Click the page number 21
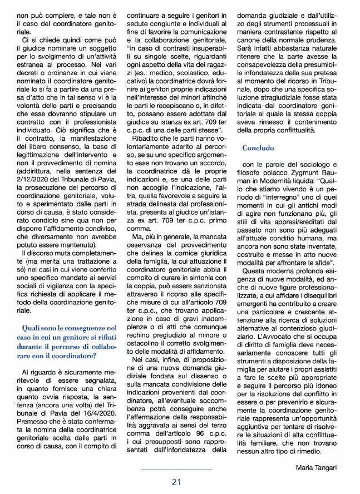click(x=177, y=482)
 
